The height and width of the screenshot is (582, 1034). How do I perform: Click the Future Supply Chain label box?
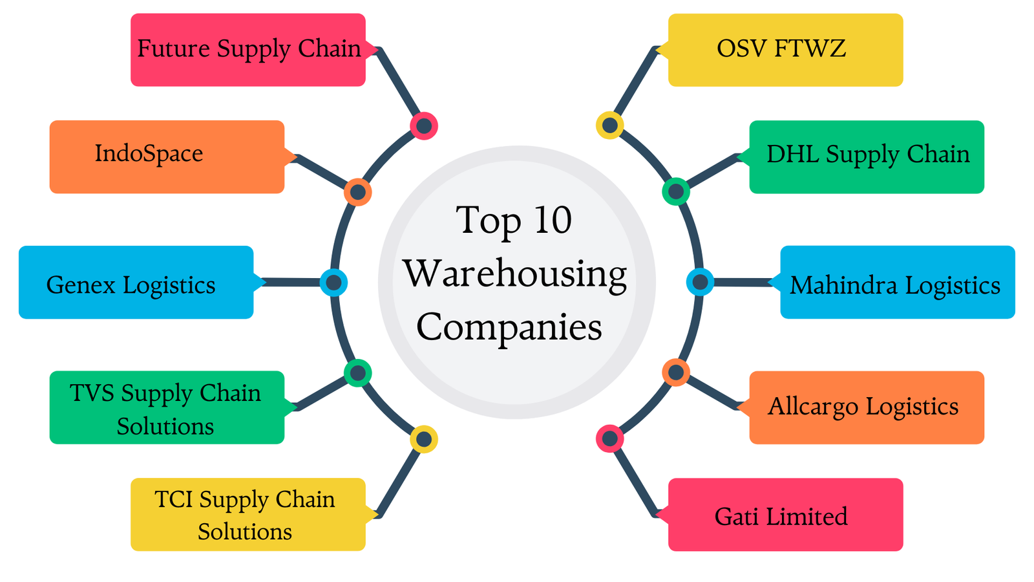point(248,50)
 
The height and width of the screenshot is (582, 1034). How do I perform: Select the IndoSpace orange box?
point(167,156)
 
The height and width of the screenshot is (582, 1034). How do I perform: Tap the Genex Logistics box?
point(136,283)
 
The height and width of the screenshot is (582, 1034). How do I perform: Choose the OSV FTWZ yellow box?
point(785,50)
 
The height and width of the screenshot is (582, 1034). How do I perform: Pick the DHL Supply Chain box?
point(867,156)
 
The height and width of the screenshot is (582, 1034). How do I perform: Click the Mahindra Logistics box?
point(898,283)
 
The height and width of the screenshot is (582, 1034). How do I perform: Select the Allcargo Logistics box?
point(867,407)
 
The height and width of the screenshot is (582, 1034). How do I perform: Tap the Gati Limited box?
point(785,515)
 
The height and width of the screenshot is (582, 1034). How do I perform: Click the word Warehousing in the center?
point(515,274)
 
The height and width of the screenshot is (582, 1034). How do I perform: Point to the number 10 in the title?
point(553,220)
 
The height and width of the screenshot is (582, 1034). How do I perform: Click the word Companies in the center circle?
point(509,327)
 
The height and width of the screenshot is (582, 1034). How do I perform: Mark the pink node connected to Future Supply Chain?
point(424,125)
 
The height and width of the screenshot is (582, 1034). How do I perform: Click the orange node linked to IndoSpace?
point(357,192)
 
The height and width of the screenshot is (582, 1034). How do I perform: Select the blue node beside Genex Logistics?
point(333,283)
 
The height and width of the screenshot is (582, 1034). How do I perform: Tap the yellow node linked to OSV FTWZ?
point(609,125)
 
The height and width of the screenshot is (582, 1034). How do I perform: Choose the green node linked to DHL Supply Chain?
point(676,191)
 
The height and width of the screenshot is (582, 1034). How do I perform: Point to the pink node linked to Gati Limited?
point(609,439)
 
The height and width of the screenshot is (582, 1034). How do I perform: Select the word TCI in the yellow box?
point(174,500)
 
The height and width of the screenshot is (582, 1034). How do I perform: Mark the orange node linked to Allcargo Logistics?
point(676,372)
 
